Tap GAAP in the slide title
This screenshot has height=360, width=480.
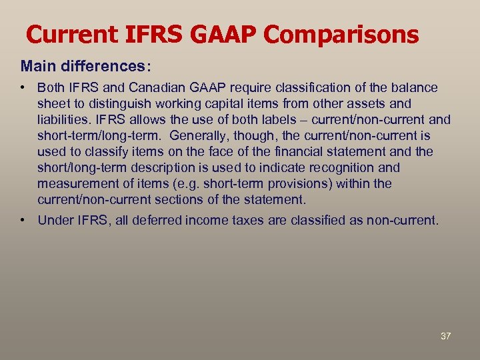pos(222,35)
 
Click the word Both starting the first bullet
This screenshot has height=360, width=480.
pos(51,88)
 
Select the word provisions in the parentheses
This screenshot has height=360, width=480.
pos(287,184)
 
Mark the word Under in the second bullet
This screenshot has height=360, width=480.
pos(53,221)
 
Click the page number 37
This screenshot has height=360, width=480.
pos(445,336)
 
